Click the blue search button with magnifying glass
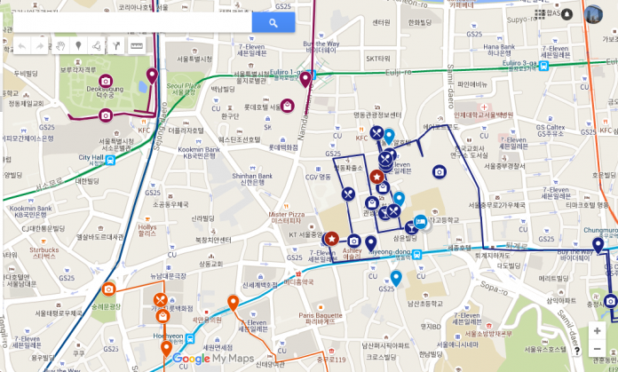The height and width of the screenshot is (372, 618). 273,23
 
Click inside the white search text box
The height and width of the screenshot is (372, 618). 133,23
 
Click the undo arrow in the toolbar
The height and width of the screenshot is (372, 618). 21,45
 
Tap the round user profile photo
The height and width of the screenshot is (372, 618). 593,14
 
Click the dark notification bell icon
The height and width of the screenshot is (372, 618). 566,14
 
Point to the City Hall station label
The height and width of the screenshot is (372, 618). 91,157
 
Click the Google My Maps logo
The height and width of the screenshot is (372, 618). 213,359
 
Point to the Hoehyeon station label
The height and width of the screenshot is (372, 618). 168,336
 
